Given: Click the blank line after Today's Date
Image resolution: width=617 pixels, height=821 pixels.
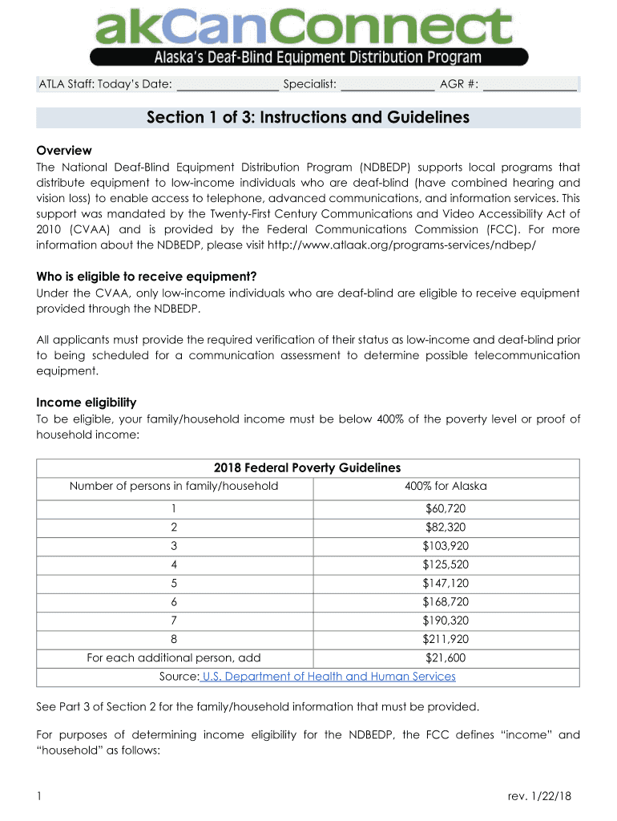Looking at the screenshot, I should pos(227,84).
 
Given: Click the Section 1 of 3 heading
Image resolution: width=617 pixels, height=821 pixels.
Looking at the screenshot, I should pos(308,118).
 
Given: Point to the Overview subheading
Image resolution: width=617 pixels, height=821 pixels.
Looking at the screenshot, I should pos(64,151).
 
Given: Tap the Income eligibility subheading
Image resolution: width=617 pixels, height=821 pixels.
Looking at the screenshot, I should pos(87,402).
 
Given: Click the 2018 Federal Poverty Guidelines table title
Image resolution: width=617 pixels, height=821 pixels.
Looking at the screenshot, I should pos(307,468).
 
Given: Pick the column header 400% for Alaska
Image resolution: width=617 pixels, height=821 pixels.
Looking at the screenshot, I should pos(446,486).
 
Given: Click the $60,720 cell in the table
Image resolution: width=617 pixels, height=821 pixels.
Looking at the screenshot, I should pos(446,509).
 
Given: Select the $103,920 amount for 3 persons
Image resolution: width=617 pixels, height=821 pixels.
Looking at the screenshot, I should pos(446,546).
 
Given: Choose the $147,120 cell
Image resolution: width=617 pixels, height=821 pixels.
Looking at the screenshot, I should pos(446,583).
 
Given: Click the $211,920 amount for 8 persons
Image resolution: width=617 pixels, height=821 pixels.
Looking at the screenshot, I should pos(446,639).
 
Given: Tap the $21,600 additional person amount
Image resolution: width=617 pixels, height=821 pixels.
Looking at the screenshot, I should pos(446,658).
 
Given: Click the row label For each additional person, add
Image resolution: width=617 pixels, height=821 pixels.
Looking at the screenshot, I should pos(174,658).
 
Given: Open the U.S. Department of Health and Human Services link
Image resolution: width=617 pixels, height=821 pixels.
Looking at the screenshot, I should pos(329,677).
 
